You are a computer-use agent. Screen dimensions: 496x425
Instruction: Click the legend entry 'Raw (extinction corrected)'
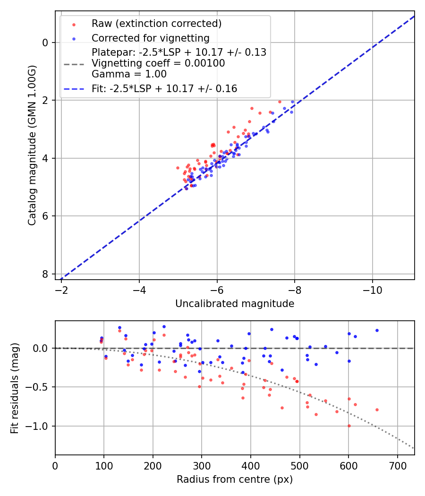point(156,24)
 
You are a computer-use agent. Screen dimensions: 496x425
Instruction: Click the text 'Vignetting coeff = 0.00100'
point(158,63)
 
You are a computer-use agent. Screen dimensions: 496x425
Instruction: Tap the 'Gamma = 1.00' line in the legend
point(129,74)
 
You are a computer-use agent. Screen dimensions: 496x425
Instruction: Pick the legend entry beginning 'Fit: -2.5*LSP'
point(164,88)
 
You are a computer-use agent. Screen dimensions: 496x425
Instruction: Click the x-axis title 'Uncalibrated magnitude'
point(235,304)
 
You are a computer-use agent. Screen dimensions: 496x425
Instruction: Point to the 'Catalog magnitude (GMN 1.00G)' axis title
point(32,145)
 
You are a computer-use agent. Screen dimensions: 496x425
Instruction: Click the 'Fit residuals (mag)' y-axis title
point(15,388)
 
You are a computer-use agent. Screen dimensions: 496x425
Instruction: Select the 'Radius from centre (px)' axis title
point(235,479)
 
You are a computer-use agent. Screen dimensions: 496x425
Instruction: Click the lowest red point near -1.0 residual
point(349,426)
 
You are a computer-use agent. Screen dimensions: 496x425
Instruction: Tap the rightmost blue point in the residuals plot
point(377,330)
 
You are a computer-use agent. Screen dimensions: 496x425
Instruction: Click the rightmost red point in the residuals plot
point(377,410)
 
